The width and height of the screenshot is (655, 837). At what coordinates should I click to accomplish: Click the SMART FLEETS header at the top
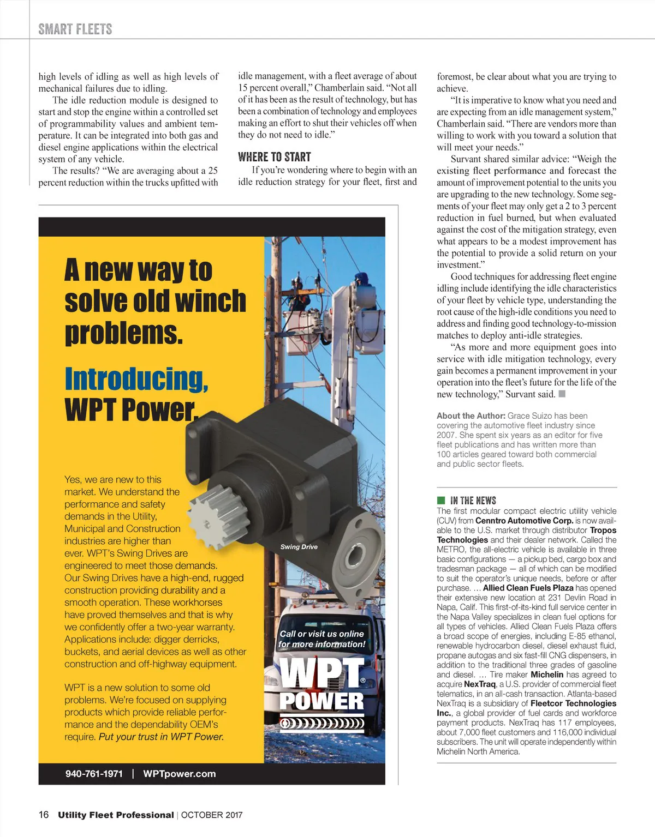point(75,29)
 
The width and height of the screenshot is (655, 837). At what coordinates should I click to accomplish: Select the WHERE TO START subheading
point(274,157)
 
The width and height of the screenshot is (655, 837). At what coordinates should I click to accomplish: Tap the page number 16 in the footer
point(44,815)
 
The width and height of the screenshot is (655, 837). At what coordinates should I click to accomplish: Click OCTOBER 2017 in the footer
point(212,815)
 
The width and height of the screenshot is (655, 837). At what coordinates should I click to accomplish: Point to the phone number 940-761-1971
point(94,774)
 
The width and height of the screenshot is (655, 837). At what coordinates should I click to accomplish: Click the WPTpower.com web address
point(179,774)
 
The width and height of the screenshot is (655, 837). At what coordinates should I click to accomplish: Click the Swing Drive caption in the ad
point(299,547)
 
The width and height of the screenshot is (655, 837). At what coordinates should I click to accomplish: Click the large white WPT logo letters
point(320,675)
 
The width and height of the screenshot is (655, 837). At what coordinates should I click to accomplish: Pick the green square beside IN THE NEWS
point(441,500)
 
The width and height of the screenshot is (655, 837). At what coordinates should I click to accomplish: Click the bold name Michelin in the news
point(546,675)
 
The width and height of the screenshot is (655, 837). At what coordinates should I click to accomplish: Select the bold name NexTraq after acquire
point(479,684)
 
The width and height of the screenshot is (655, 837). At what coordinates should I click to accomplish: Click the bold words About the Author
point(471,416)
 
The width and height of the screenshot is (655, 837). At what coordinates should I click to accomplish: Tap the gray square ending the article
point(562,394)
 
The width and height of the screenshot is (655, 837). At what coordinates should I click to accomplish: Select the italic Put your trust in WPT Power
point(161,737)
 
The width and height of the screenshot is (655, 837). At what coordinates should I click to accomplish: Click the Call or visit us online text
point(321,634)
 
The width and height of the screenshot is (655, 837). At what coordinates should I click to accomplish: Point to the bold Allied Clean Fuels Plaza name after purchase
point(528,588)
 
